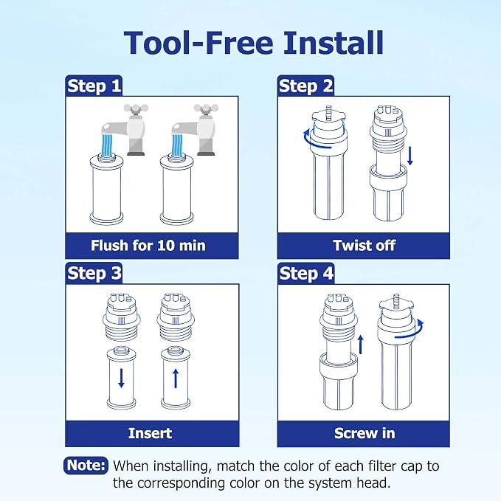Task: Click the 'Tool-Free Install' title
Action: pos(253,43)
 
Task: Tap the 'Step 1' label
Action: pos(94,86)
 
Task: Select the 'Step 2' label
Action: pos(305,86)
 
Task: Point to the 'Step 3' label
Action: pos(94,273)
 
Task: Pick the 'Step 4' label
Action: pos(306,274)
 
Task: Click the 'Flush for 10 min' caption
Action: pos(148,246)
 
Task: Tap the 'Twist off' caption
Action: pos(364,246)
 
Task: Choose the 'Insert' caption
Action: pos(151,433)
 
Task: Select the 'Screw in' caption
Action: pos(364,433)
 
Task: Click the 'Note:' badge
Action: pos(86,465)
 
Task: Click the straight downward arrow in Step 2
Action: pos(410,156)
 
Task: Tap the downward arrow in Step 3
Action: pos(121,378)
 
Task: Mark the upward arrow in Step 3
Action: pos(176,379)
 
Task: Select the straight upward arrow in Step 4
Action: pos(361,345)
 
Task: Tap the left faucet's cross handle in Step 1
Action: pos(136,108)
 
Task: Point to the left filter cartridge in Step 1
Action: pos(106,190)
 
